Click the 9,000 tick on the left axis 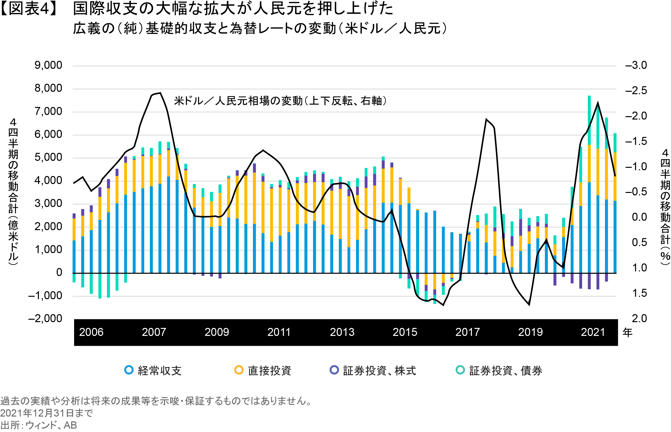[48, 65]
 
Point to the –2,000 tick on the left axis [45, 319]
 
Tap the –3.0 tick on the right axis [636, 65]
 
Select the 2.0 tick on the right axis [639, 319]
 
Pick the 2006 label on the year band [91, 332]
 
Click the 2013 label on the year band [342, 332]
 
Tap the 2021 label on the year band [593, 332]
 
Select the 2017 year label [468, 332]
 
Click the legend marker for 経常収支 [129, 370]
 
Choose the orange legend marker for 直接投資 [239, 370]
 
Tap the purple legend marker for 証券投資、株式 [334, 370]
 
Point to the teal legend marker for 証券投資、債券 [460, 370]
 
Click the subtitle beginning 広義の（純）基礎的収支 [259, 28]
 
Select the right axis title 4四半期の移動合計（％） [665, 207]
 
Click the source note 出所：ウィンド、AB [38, 425]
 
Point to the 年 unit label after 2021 [627, 333]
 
